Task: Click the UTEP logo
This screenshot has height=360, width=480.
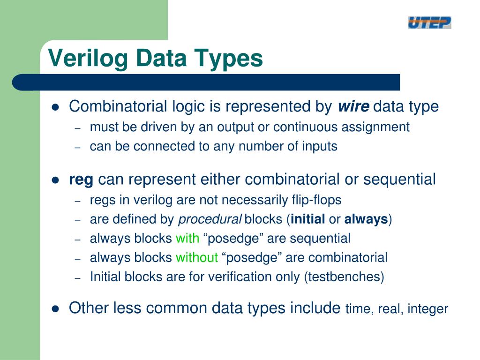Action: [x=429, y=22]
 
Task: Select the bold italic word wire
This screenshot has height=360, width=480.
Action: [x=353, y=107]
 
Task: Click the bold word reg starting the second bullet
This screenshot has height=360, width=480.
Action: [x=81, y=180]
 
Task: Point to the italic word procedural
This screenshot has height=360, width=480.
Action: [x=210, y=219]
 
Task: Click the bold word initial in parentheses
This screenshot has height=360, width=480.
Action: [x=308, y=219]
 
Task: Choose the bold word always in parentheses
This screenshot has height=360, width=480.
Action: [x=366, y=219]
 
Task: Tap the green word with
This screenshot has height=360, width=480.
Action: [x=187, y=239]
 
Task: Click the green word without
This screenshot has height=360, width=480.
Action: [x=197, y=258]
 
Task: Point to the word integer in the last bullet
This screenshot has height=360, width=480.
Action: [x=427, y=309]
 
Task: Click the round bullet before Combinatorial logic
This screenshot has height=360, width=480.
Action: [x=55, y=107]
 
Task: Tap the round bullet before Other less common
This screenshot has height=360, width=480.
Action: [x=55, y=309]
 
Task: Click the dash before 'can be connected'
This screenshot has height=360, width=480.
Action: [x=79, y=147]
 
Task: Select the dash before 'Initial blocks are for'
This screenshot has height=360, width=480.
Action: [x=79, y=277]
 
